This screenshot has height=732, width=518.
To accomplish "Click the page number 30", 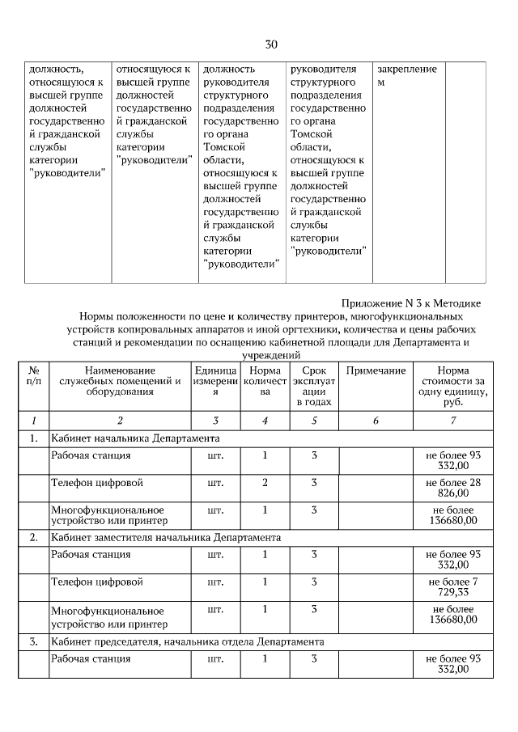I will click(271, 44).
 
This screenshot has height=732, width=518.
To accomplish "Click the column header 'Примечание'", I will click(376, 370).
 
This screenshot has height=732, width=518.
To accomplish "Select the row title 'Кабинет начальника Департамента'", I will click(136, 438).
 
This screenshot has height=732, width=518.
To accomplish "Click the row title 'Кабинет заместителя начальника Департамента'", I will click(166, 537).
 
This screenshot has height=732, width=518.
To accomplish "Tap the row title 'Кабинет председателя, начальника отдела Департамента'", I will click(188, 641).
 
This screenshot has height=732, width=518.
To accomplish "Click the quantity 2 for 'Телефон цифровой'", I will click(265, 483).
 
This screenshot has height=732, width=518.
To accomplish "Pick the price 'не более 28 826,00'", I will click(452, 488).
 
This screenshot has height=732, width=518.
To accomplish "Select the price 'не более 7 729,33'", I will click(452, 587).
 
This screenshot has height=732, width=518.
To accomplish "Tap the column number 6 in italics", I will click(376, 421).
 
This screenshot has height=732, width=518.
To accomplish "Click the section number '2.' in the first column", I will click(33, 537).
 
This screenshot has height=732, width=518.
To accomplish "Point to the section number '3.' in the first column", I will click(33, 641).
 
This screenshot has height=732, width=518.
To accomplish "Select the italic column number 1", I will click(33, 421).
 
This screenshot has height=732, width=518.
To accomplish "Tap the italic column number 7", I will click(452, 421).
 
